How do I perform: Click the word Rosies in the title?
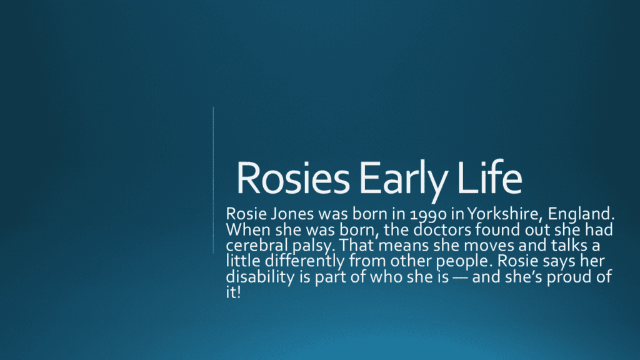click(x=293, y=178)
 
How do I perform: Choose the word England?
click(x=581, y=214)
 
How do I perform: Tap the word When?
click(x=247, y=230)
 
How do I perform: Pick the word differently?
click(x=305, y=261)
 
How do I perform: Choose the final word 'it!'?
click(x=233, y=292)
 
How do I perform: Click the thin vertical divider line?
click(x=213, y=180)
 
